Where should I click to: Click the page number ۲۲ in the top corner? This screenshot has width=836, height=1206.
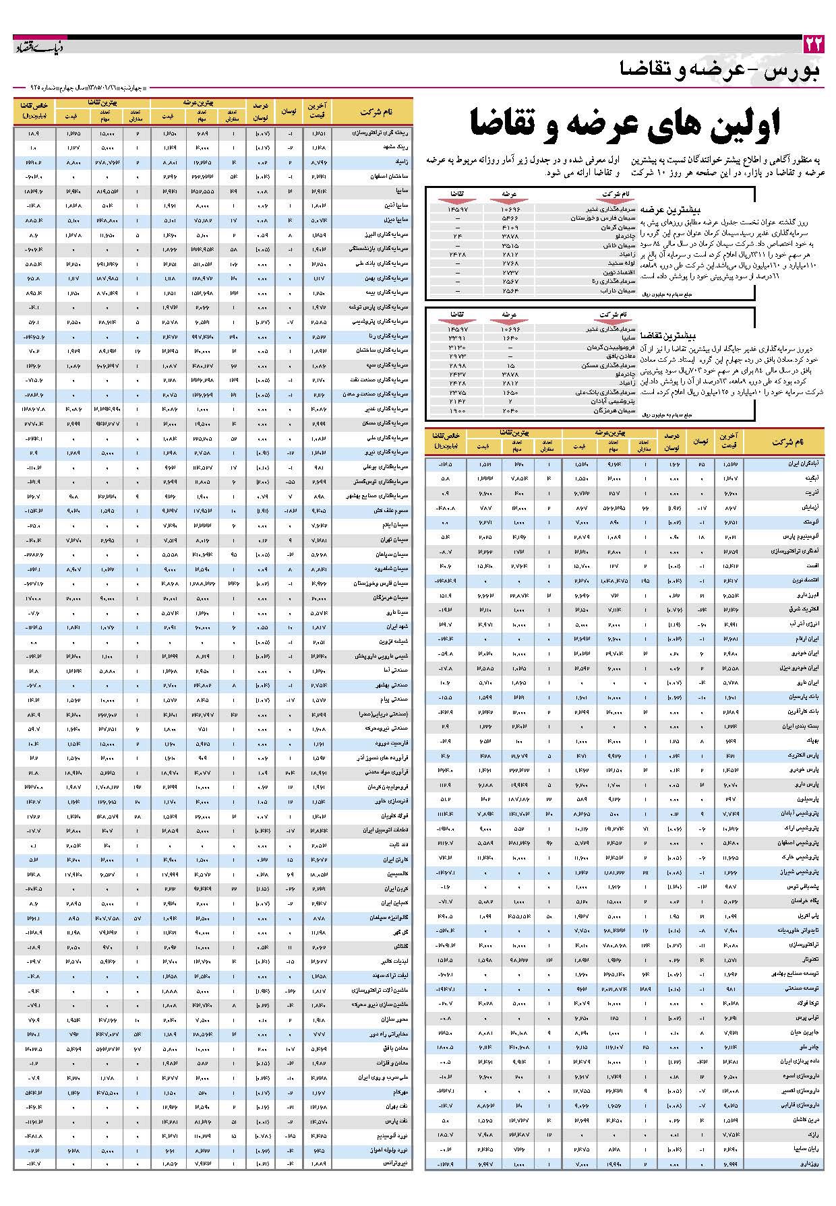pos(813,45)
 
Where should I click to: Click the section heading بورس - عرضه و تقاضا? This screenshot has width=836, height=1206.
pos(720,70)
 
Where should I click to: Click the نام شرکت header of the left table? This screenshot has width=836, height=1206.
pos(376,111)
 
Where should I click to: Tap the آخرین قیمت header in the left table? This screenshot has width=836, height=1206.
pos(317,111)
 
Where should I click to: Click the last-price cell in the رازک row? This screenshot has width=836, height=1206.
pos(729,1134)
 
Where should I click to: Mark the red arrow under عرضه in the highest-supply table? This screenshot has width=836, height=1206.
pos(509,201)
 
